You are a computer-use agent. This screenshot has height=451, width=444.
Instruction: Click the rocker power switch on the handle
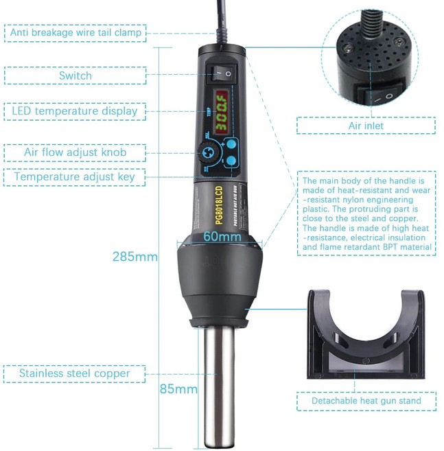(x=222, y=71)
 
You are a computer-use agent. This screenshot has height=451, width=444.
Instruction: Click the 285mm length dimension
(x=135, y=257)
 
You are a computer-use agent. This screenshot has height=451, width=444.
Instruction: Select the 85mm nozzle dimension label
(x=178, y=389)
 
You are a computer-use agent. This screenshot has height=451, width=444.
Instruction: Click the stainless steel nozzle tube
(x=218, y=384)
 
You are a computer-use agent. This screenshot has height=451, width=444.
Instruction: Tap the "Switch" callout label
(x=75, y=76)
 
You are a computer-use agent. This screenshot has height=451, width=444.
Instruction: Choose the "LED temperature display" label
(x=75, y=111)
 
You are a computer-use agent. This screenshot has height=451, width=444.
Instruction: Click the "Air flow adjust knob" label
(x=75, y=152)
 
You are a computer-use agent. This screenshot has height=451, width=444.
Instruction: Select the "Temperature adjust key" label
(x=75, y=176)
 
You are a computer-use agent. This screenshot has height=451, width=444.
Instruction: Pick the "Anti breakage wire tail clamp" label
(x=75, y=32)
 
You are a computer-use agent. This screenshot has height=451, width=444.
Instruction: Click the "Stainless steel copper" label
(x=75, y=374)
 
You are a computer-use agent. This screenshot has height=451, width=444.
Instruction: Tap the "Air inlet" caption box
(x=366, y=126)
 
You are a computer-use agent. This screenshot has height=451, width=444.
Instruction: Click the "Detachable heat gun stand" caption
(x=366, y=400)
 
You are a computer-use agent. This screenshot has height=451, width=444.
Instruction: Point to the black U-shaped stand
(x=366, y=336)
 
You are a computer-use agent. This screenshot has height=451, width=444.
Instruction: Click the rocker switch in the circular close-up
(x=379, y=97)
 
